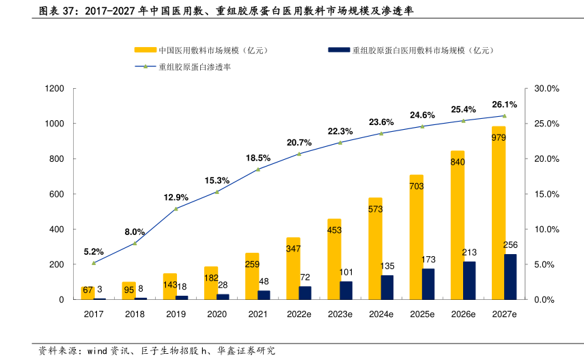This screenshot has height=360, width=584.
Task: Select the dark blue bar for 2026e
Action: (469, 281)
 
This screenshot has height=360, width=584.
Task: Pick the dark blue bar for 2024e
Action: (387, 288)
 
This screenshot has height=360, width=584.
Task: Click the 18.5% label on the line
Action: (258, 158)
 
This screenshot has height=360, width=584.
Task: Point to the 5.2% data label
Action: (94, 251)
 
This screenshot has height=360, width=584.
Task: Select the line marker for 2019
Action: (176, 208)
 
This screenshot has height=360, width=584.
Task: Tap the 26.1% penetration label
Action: (504, 105)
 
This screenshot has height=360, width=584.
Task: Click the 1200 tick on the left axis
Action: (55, 89)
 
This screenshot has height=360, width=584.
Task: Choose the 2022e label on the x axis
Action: (299, 314)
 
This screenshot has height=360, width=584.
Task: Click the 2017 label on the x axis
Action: (94, 314)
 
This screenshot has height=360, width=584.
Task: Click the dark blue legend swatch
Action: (339, 50)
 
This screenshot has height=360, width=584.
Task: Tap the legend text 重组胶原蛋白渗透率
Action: (195, 67)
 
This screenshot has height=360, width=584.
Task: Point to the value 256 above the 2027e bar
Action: (510, 245)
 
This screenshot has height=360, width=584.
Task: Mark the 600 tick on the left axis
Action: (57, 194)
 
